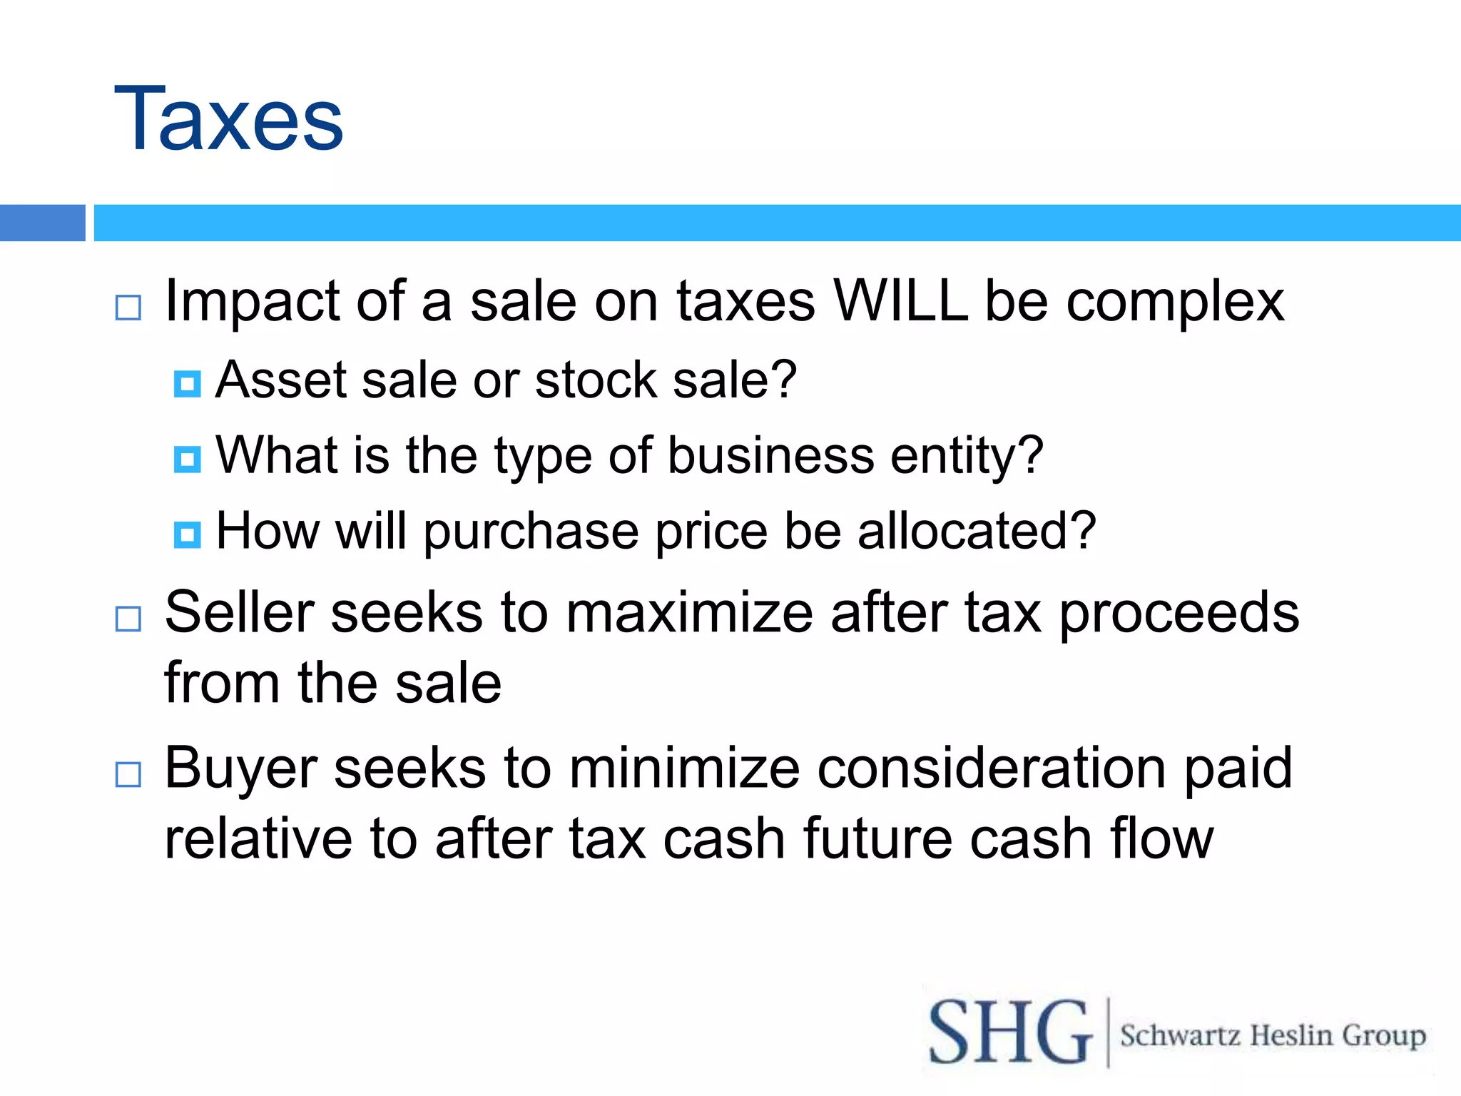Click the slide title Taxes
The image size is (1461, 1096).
(x=228, y=120)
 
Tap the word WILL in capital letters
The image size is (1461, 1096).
(x=900, y=301)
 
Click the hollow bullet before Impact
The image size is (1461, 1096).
(x=128, y=308)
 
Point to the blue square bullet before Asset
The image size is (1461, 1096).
(x=188, y=384)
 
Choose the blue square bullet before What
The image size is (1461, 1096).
(x=188, y=460)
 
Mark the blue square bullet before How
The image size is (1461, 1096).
(x=188, y=534)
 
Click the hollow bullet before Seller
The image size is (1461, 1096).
(x=128, y=619)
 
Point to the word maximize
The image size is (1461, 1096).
(x=688, y=613)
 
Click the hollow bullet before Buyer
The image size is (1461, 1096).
(x=128, y=774)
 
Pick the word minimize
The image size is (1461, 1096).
(x=684, y=768)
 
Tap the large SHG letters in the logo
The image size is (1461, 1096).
(x=1010, y=1032)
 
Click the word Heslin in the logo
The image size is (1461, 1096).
(x=1291, y=1035)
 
